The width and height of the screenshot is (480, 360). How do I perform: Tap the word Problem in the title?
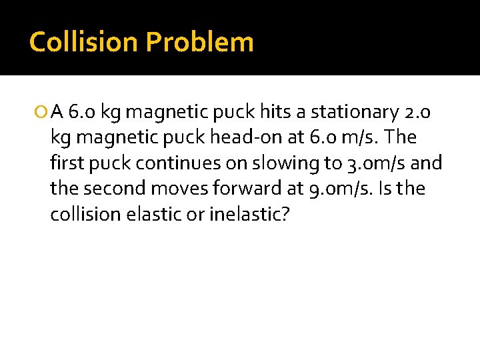coord(199,42)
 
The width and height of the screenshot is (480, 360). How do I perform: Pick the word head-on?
coord(268,138)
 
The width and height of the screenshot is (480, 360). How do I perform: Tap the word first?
coord(65,163)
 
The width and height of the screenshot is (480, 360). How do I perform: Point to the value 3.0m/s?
coord(377,163)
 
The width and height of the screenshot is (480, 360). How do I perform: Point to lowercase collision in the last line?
coord(80,215)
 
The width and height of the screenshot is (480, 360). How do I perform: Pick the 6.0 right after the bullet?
coord(83,112)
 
